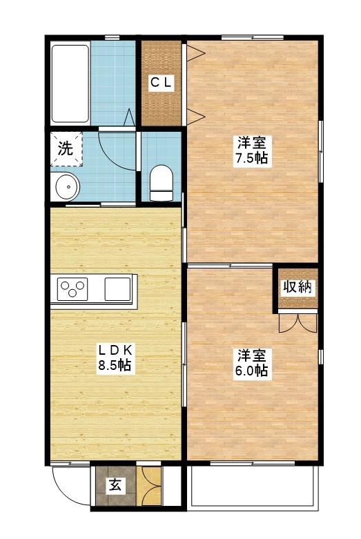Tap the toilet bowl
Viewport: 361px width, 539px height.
(x=160, y=181)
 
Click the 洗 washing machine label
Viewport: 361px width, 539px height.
(x=64, y=148)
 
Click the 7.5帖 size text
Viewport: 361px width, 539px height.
(x=252, y=158)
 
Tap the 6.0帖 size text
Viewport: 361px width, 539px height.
(x=252, y=371)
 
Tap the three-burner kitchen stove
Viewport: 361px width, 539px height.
(x=72, y=287)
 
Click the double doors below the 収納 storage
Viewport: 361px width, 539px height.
(x=297, y=321)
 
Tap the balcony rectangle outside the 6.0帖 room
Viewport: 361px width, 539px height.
(x=253, y=488)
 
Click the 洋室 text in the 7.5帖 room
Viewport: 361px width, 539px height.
(x=252, y=143)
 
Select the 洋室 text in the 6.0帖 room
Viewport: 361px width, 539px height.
(x=252, y=355)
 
